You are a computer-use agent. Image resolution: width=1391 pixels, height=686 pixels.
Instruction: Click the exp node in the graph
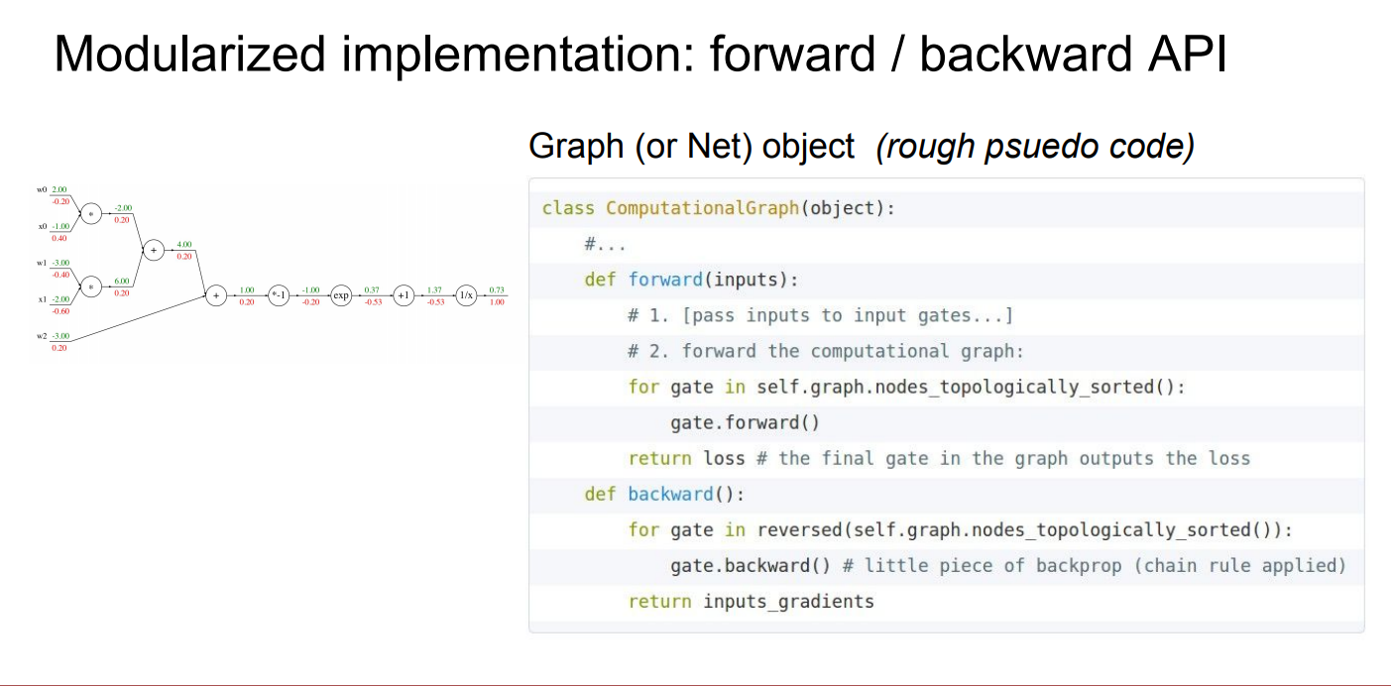(x=341, y=295)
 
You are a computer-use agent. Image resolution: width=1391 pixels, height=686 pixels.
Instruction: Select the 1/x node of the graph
(x=466, y=295)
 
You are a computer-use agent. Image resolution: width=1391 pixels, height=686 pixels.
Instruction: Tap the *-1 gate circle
(x=279, y=295)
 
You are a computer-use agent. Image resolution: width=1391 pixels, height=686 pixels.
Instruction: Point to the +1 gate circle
(x=404, y=295)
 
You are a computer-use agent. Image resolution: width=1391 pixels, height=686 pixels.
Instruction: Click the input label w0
(x=42, y=189)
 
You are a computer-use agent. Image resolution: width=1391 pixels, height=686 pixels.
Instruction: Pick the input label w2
(x=42, y=336)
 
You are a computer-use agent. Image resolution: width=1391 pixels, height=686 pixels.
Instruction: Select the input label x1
(x=42, y=299)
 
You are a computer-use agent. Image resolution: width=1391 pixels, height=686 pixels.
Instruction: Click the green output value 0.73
(x=497, y=289)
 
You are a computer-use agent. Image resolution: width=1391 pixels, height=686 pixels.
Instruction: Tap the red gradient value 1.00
(x=497, y=301)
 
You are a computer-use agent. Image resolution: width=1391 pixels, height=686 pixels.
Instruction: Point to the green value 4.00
(x=184, y=244)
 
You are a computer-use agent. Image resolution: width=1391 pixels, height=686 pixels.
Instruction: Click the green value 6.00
(x=122, y=281)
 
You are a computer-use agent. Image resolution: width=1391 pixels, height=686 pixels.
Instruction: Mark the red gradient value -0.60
(x=60, y=310)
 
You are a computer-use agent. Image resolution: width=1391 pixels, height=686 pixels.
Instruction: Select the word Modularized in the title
(x=188, y=55)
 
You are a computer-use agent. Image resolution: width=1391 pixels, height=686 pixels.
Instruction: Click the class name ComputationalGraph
(x=702, y=208)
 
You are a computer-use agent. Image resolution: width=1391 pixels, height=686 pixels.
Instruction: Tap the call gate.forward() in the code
(x=745, y=422)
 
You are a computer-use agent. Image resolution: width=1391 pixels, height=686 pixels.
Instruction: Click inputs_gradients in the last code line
(x=788, y=601)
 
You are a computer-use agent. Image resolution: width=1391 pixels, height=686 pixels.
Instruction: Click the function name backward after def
(x=670, y=494)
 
